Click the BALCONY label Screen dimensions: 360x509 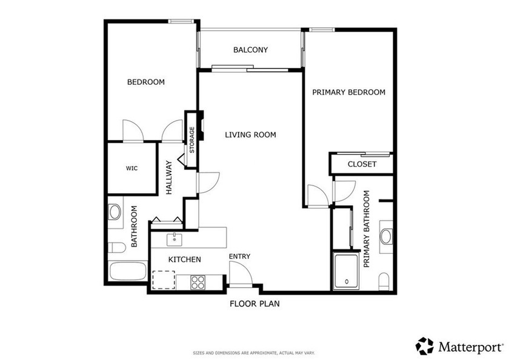point(250,50)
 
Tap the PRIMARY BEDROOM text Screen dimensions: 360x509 point(348,92)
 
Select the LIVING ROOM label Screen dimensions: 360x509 point(250,135)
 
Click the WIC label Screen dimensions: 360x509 point(131,168)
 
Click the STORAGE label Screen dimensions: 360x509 point(192,139)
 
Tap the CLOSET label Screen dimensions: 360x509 point(362,164)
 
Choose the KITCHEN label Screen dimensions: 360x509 point(184,259)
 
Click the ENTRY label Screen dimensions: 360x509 point(239,256)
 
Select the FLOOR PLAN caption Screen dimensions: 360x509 point(254,304)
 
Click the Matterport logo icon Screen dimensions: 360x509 point(424,346)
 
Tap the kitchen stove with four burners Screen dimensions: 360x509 point(198,282)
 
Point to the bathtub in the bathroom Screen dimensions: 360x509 point(128,270)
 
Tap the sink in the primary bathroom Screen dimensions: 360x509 point(386,236)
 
